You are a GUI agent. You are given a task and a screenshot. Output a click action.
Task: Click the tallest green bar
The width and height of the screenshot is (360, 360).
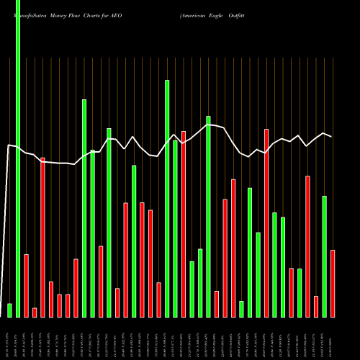(x=18, y=158)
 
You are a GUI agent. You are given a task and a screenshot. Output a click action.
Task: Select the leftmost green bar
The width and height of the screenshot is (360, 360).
(x=9, y=310)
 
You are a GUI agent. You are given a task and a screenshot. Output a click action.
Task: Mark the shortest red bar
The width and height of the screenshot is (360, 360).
(x=35, y=312)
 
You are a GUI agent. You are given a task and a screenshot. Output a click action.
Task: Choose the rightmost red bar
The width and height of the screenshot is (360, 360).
(x=333, y=283)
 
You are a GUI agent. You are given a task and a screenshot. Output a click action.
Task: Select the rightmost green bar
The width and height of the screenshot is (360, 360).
(x=324, y=256)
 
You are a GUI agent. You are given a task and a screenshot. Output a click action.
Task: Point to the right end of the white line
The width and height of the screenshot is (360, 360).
(x=332, y=136)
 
